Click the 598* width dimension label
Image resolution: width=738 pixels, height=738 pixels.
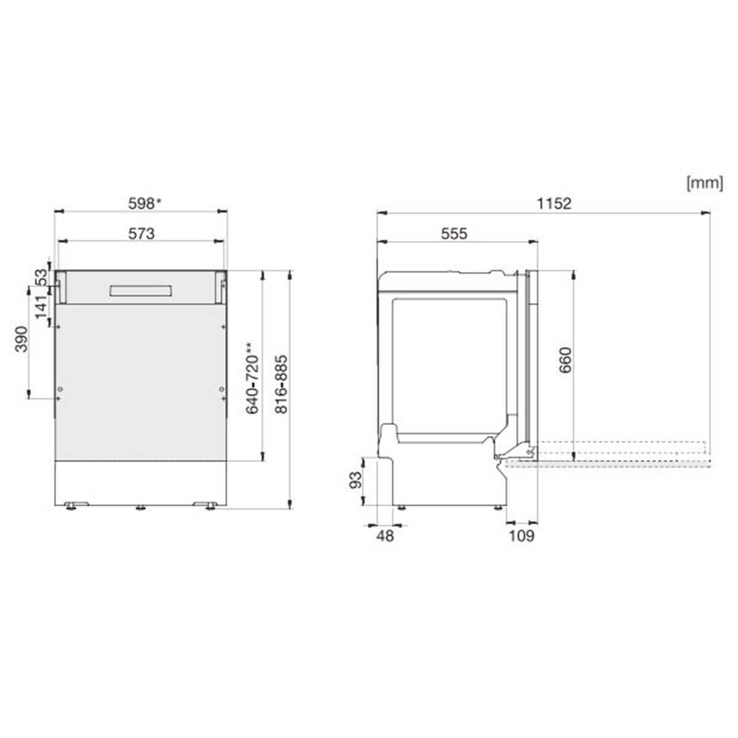coord(145,204)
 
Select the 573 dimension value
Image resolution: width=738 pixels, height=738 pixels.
coord(141,234)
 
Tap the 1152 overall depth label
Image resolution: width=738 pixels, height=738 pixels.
coord(553,204)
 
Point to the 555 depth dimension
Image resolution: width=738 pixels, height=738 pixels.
coord(454,234)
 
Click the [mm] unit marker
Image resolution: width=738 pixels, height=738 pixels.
coord(705,183)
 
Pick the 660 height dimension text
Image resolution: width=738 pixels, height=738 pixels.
coord(565,360)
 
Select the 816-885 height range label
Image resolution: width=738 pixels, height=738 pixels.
coord(282,384)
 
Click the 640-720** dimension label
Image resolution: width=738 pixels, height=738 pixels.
coord(252,379)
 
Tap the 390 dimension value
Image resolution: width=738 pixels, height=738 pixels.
coord(22,339)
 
